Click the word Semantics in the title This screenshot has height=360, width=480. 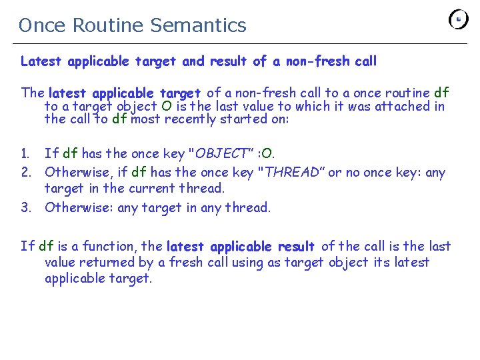pyautogui.click(x=198, y=25)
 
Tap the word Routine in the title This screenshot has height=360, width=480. pyautogui.click(x=109, y=25)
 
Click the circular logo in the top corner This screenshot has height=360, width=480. pyautogui.click(x=459, y=19)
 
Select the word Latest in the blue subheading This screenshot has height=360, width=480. pyautogui.click(x=41, y=61)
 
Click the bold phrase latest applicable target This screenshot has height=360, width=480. pyautogui.click(x=125, y=93)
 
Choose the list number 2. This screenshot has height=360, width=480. pyautogui.click(x=26, y=173)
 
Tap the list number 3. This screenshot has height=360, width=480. pyautogui.click(x=26, y=207)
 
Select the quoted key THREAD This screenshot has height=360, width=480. pyautogui.click(x=292, y=173)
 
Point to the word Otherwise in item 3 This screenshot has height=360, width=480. pyautogui.click(x=77, y=207)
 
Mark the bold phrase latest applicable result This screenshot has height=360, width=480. pyautogui.click(x=241, y=246)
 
